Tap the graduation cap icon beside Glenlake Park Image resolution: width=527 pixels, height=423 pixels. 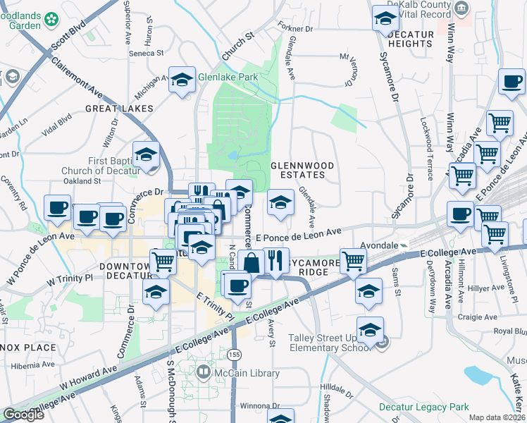point(182,80)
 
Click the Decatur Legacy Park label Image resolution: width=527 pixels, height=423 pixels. point(423,407)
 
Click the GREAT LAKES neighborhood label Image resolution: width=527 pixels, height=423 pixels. point(119,109)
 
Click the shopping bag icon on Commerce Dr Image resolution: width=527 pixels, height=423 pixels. point(251,263)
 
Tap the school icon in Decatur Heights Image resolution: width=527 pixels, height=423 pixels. point(385,18)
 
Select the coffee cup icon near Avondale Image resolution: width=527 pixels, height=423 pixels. point(461,213)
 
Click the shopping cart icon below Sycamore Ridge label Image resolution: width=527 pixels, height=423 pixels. point(353,260)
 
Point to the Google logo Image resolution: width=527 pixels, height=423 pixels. point(24,415)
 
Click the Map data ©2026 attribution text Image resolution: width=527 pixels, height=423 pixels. point(497,417)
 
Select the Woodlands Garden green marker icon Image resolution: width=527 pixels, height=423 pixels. point(51,20)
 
